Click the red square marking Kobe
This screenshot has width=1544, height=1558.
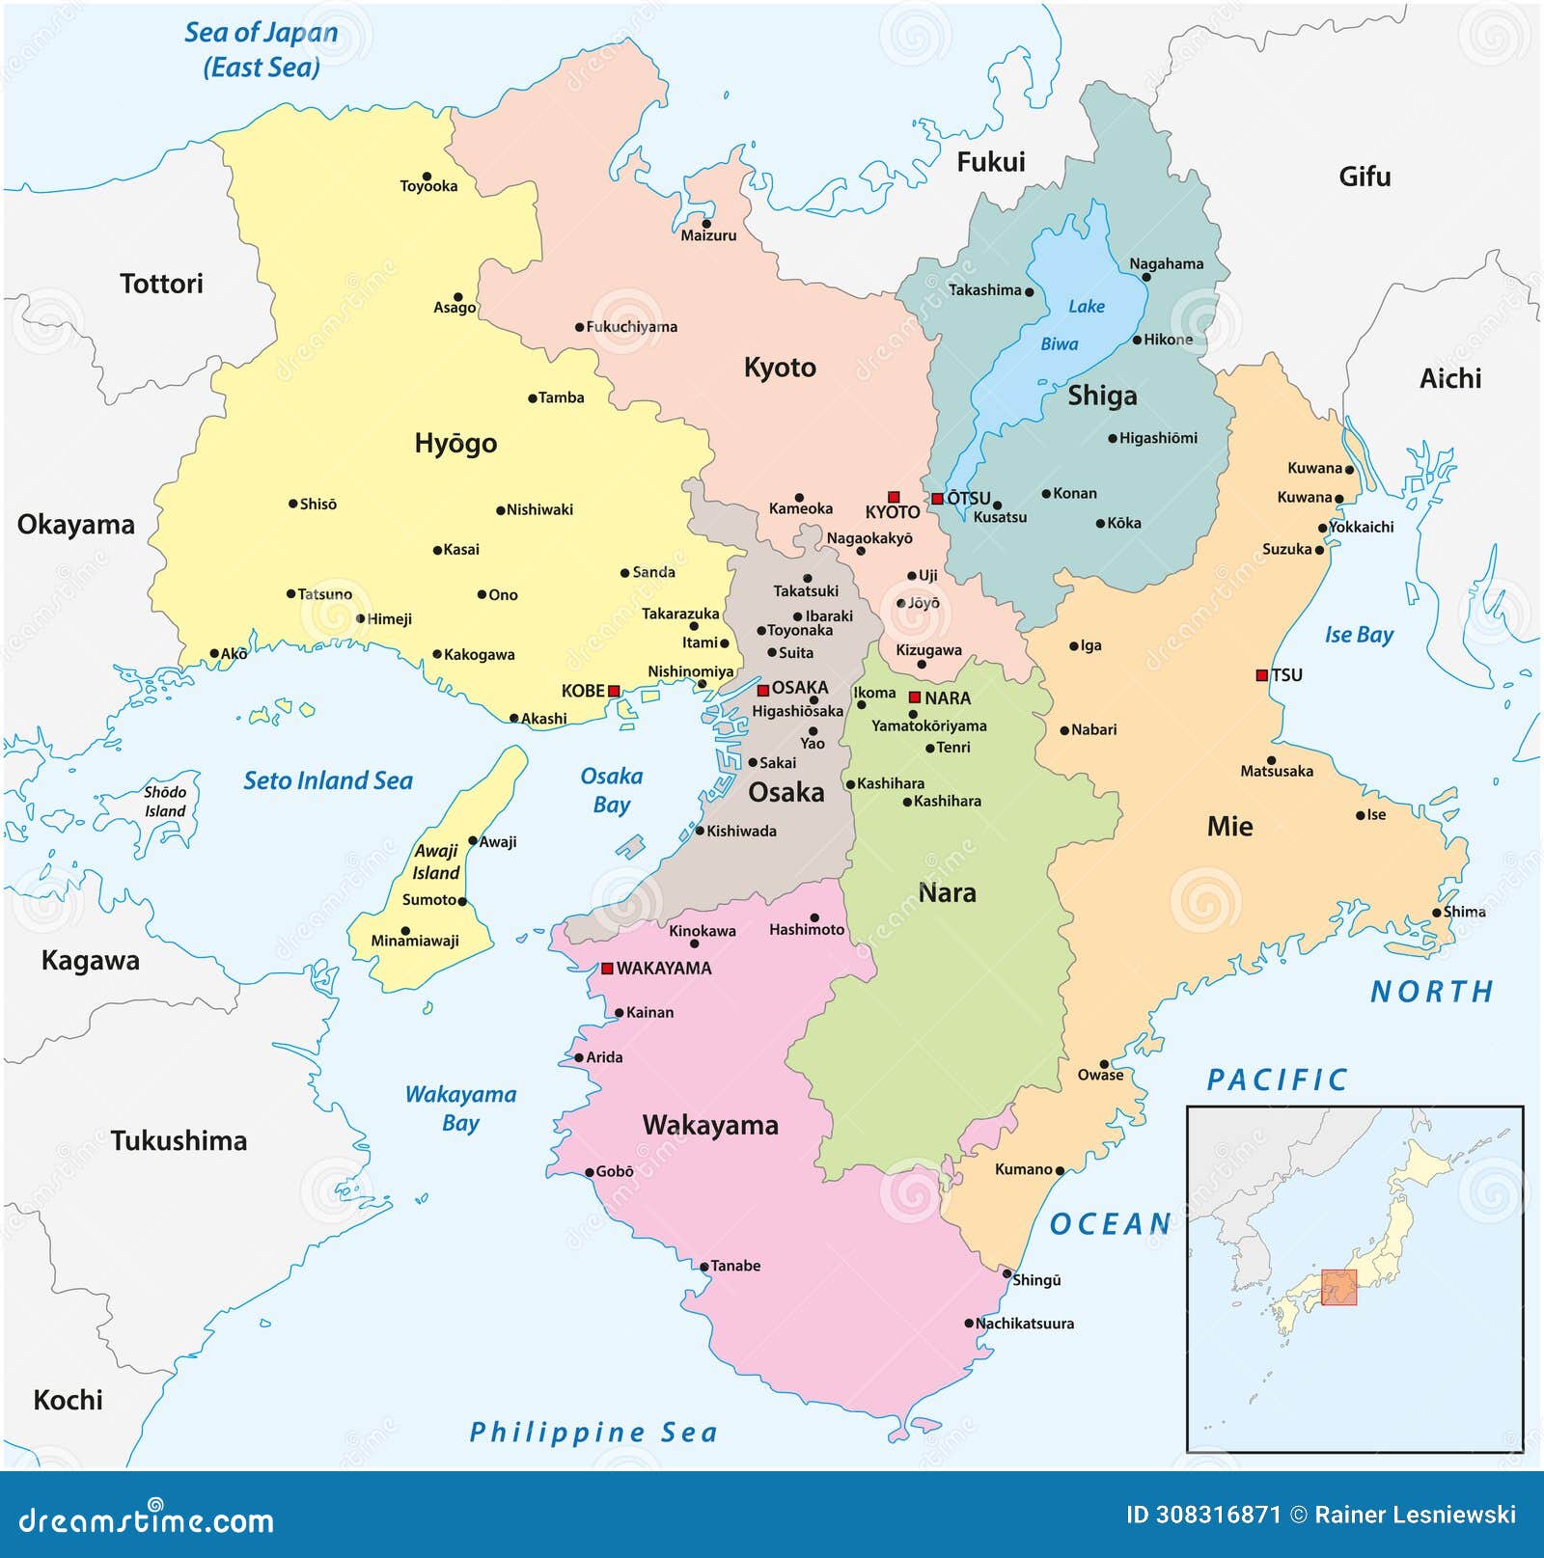614,691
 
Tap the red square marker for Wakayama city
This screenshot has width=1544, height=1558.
607,968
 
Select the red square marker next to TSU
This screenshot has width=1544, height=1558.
1261,675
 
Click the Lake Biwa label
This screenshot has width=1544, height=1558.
1073,324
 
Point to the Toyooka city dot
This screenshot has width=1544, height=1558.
427,176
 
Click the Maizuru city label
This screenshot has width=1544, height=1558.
708,235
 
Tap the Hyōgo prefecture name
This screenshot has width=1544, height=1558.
455,443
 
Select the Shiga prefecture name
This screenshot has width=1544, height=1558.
1102,396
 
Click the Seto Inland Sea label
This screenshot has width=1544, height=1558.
327,780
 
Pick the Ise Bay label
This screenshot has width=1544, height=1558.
1359,635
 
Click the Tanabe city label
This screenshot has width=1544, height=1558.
735,1266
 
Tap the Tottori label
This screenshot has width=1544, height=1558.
161,284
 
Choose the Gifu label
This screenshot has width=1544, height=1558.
1365,177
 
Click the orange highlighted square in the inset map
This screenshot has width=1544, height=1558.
1338,1287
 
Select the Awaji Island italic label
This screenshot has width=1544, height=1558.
436,861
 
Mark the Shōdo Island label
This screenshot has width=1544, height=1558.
165,802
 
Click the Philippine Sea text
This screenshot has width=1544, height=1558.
593,1433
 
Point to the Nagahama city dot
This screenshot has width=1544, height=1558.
1146,277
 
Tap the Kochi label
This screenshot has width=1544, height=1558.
68,1400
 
